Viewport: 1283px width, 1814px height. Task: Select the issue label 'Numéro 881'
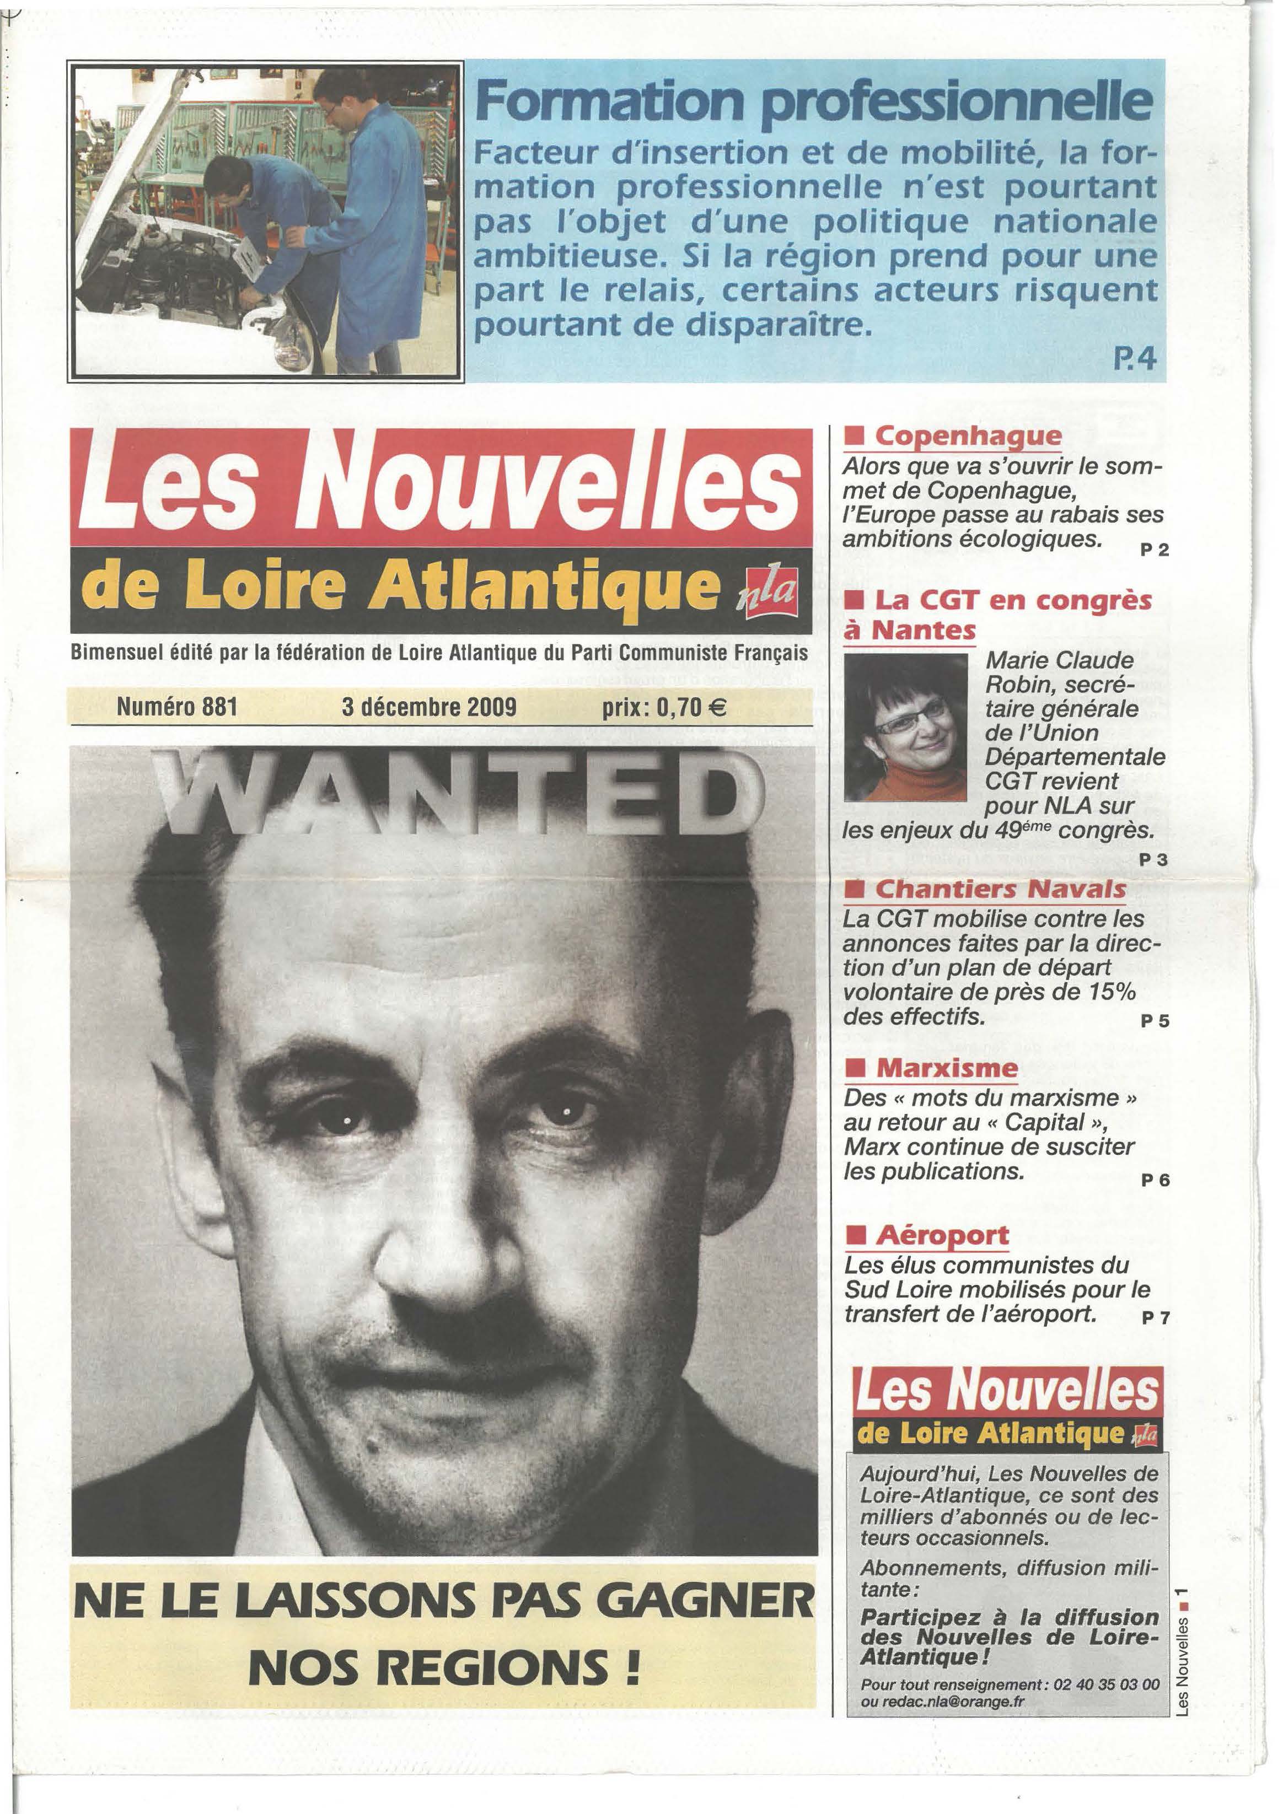(x=177, y=706)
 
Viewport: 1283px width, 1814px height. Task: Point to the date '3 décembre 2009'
(x=430, y=706)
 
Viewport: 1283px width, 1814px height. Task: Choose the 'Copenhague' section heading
(x=968, y=435)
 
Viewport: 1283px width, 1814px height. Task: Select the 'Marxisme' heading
(x=946, y=1069)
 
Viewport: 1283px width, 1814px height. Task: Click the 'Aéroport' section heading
(x=942, y=1235)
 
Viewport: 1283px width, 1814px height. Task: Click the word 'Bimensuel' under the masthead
(x=114, y=654)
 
